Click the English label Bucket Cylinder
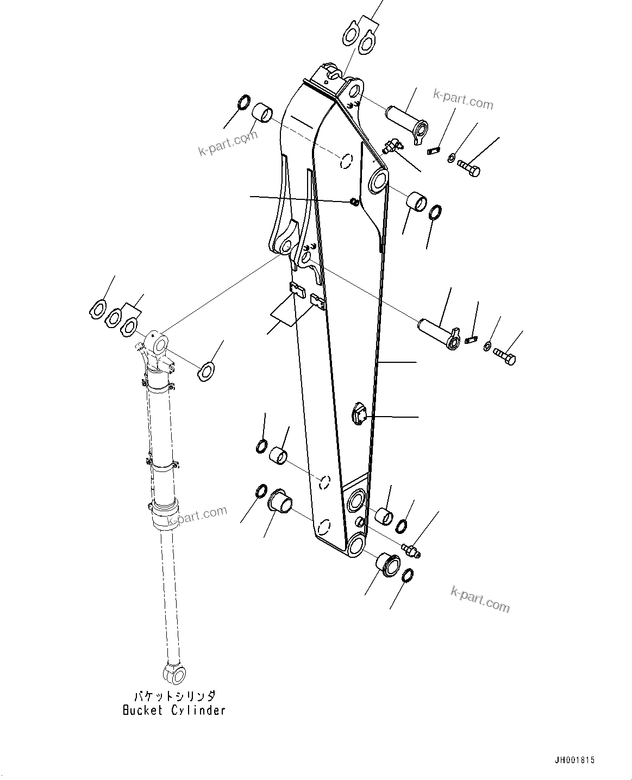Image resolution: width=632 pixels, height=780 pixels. (173, 710)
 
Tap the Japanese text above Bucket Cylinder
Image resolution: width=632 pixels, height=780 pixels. (174, 696)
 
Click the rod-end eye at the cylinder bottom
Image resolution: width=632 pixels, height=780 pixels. (174, 674)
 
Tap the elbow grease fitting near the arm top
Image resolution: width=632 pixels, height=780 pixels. (390, 145)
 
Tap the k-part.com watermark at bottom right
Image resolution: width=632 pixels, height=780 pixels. (480, 599)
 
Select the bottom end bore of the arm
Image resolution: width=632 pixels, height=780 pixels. (355, 545)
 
